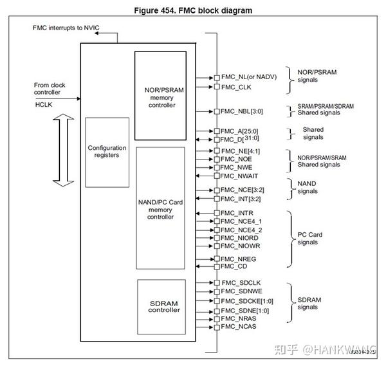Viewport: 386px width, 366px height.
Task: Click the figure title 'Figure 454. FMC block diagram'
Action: pos(192,10)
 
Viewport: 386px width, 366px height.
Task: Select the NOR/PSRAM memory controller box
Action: pos(160,91)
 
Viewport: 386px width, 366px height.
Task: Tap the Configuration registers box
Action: pos(107,152)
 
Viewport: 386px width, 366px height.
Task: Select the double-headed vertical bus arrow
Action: pos(59,152)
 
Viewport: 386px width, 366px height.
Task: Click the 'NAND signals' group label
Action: pos(308,187)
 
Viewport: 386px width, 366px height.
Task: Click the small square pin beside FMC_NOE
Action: pos(217,158)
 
